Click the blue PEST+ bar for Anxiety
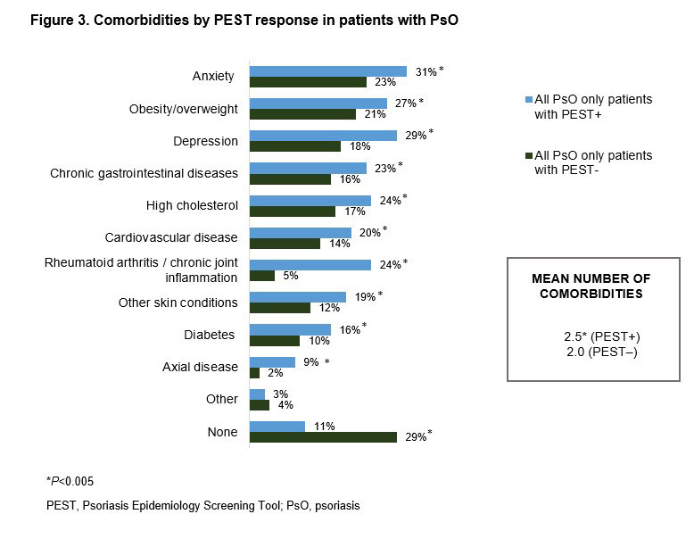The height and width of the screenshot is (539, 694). pos(327,70)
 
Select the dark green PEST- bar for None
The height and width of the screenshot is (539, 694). pos(323,437)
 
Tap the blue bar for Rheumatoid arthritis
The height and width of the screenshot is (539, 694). pos(310,264)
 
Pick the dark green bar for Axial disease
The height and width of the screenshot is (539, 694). pos(254,372)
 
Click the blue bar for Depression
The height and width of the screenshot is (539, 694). pos(323,135)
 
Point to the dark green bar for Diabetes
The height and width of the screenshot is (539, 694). pos(275,340)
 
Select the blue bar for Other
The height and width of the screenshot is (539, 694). pos(257,394)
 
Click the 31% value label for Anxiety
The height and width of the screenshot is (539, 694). pos(423,70)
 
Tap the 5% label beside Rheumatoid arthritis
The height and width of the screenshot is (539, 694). pos(289,276)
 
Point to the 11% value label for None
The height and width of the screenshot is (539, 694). pos(324,426)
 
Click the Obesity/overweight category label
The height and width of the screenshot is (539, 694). pos(184,109)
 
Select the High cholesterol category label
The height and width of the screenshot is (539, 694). pos(193,205)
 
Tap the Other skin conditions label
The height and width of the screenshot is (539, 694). pos(178,303)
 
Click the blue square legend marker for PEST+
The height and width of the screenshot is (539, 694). pos(529,99)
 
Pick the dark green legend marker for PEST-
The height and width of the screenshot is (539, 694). pos(529,155)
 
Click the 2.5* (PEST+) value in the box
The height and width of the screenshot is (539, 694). pos(602,336)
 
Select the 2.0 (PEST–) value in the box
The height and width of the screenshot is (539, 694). pos(602,352)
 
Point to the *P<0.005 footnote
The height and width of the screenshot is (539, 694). pos(70,480)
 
